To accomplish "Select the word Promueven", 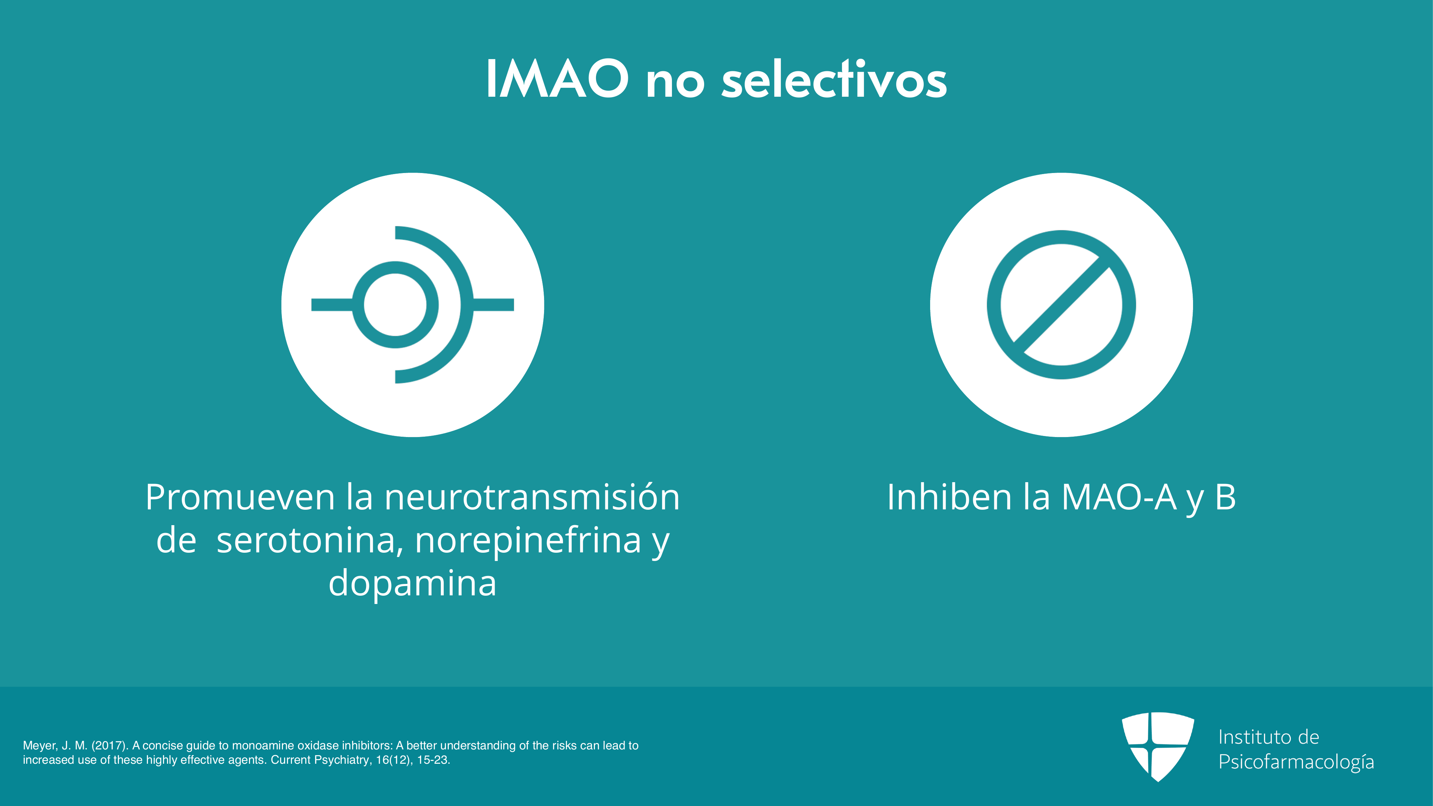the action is pyautogui.click(x=240, y=498).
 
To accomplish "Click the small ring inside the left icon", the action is pyautogui.click(x=395, y=262).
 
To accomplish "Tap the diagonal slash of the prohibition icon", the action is pyautogui.click(x=1061, y=305).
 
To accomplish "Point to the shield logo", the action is pyautogui.click(x=1158, y=746).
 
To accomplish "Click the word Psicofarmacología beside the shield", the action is pyautogui.click(x=1296, y=762).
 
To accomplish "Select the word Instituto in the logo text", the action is pyautogui.click(x=1253, y=737).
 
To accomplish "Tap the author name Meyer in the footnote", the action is pyautogui.click(x=40, y=746).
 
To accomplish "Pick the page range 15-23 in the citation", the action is pyautogui.click(x=433, y=760).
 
